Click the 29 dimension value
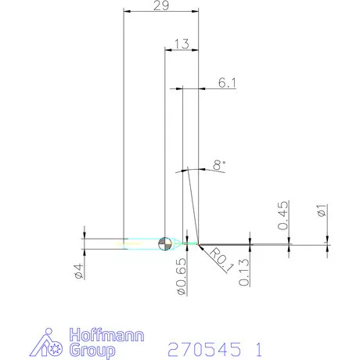click(x=161, y=5)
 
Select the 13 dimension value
click(x=182, y=44)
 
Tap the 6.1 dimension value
click(x=227, y=83)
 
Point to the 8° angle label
click(x=219, y=165)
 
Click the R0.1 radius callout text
click(x=221, y=261)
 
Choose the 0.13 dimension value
click(x=244, y=272)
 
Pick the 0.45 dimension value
click(x=283, y=215)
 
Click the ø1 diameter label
click(x=322, y=211)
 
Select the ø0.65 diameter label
click(x=182, y=276)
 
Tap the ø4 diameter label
click(x=79, y=272)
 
